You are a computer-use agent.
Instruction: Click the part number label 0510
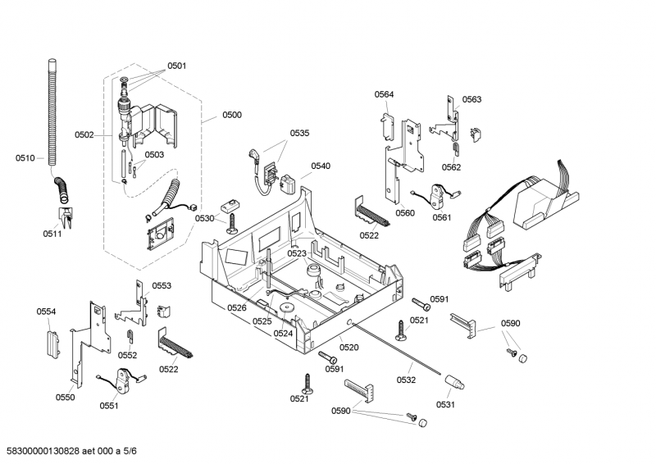point(25,157)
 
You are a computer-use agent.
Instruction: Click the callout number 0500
point(232,115)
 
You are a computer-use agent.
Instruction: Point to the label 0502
point(84,134)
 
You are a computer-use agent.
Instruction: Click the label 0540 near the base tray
point(321,166)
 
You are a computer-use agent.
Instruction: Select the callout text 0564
point(385,94)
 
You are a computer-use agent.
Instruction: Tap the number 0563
point(471,99)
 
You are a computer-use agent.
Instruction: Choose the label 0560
point(404,213)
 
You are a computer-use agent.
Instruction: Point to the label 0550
point(65,398)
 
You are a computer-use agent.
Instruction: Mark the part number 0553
point(162,286)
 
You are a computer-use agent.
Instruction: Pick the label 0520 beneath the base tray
point(349,348)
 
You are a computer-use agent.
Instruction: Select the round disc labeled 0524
point(287,310)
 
